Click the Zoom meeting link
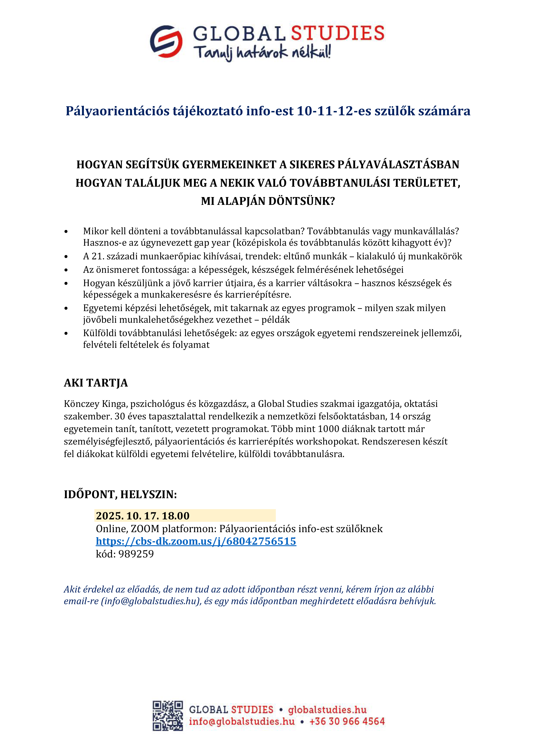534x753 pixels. click(196, 541)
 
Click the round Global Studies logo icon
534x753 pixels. click(166, 41)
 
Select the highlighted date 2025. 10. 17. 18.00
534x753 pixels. click(143, 515)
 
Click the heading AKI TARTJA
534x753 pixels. click(96, 383)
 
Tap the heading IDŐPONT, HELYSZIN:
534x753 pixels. click(120, 495)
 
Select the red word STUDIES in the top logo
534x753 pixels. click(338, 34)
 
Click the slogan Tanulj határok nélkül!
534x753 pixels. click(262, 53)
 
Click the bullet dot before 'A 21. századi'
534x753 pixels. click(66, 257)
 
